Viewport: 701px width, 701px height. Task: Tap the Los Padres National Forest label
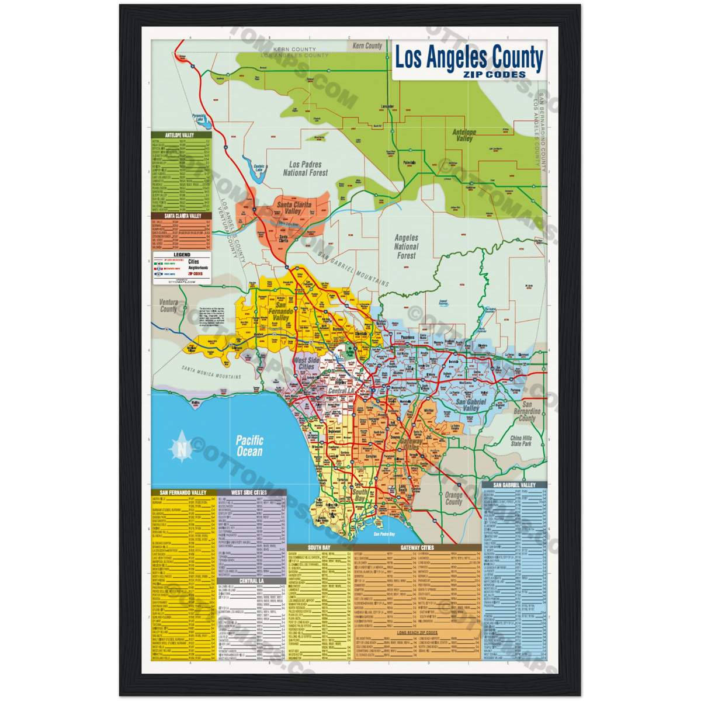(306, 169)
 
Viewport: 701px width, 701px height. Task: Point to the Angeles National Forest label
(407, 247)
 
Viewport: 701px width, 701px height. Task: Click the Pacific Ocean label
(250, 446)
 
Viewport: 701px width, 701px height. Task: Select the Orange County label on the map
(454, 498)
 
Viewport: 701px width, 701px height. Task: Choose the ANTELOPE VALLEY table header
(181, 135)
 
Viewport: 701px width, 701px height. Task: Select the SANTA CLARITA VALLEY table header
(181, 216)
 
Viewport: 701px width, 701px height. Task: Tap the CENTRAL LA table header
(251, 581)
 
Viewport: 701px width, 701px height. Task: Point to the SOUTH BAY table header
(320, 548)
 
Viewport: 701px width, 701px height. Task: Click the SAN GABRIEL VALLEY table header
(514, 485)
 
